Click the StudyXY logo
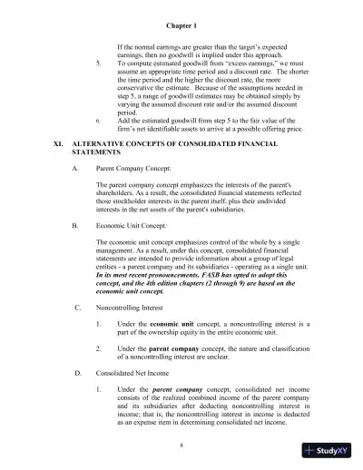coord(329,451)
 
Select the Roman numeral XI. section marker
coord(57,143)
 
